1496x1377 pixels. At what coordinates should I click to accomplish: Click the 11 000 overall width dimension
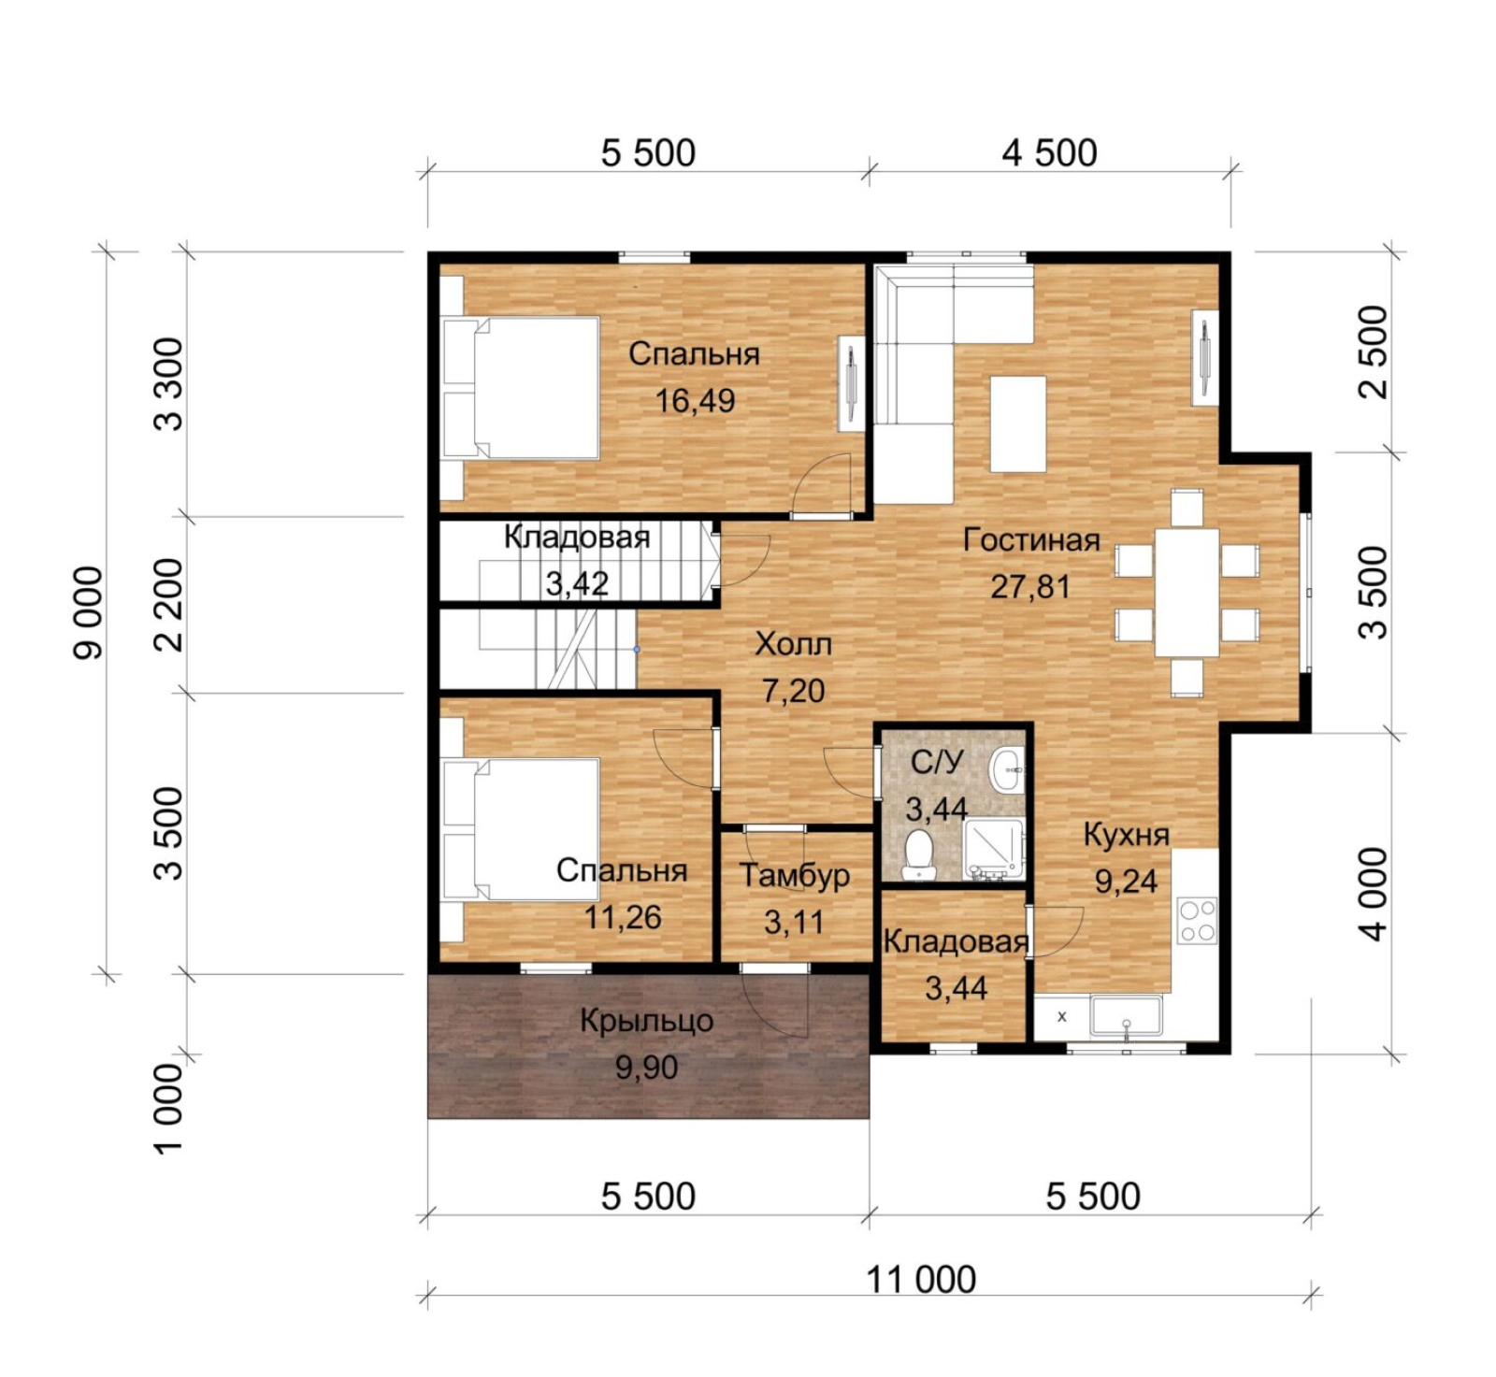click(x=921, y=1279)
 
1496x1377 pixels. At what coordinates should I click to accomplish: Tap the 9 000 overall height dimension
click(x=89, y=612)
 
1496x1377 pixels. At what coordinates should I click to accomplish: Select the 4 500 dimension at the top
click(x=1049, y=152)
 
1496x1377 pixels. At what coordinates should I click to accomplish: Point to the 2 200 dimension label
click(x=169, y=604)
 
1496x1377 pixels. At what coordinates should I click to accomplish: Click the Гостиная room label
click(x=1031, y=539)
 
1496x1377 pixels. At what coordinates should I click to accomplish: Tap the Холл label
click(x=793, y=644)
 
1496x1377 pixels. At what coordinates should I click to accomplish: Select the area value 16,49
click(x=695, y=401)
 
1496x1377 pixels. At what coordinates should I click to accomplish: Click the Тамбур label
click(x=795, y=875)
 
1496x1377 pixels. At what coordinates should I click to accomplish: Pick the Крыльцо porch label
click(x=646, y=1021)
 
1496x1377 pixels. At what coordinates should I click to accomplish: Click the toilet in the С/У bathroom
click(x=920, y=854)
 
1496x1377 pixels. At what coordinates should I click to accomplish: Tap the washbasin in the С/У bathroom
click(x=1006, y=769)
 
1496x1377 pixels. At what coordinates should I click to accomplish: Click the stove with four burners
click(x=1197, y=920)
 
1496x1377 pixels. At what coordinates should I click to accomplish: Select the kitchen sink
click(x=1126, y=1017)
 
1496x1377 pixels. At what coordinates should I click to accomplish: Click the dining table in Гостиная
click(x=1187, y=593)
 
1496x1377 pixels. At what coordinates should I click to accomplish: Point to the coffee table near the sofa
click(x=1018, y=423)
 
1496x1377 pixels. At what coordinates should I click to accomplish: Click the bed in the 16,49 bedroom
click(x=521, y=388)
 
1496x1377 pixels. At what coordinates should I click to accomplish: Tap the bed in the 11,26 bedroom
click(x=521, y=829)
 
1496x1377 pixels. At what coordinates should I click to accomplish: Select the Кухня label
click(x=1126, y=835)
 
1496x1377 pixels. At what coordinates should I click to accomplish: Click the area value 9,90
click(x=646, y=1068)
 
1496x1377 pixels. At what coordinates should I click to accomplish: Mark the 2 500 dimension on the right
click(x=1373, y=351)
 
